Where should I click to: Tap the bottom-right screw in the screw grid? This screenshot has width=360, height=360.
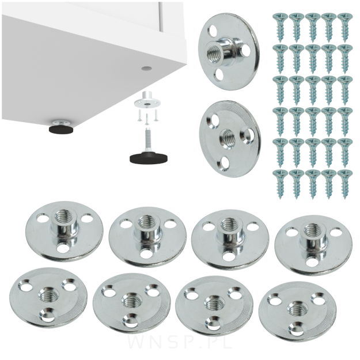pyautogui.click(x=345, y=184)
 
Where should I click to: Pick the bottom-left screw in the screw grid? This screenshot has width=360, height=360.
pyautogui.click(x=280, y=184)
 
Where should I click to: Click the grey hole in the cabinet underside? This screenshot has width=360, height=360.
pyautogui.click(x=147, y=68)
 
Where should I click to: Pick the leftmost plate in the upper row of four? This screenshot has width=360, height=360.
pyautogui.click(x=65, y=232)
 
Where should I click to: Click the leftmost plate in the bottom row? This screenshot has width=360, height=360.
pyautogui.click(x=49, y=298)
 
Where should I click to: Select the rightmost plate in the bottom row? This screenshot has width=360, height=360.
pyautogui.click(x=298, y=312)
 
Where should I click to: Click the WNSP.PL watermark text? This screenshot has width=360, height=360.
pyautogui.click(x=180, y=348)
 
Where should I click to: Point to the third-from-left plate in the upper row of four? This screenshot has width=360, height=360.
pyautogui.click(x=230, y=240)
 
